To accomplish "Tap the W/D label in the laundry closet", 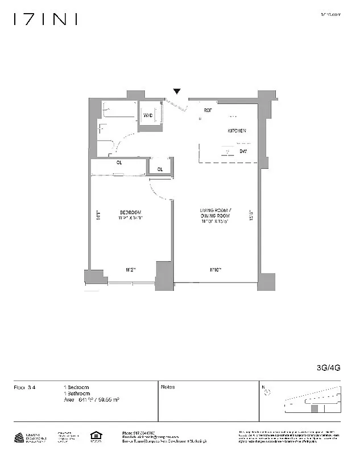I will click(x=148, y=116).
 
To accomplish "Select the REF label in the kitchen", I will click(x=208, y=110).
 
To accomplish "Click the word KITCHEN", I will click(x=237, y=131).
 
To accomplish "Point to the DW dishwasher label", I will click(x=243, y=151).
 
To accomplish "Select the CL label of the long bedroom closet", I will click(x=119, y=163).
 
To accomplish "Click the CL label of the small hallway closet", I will click(x=160, y=169).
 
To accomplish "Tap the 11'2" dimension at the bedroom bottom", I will click(x=130, y=270).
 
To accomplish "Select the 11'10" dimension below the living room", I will click(x=216, y=270).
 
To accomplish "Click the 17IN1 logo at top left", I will click(x=45, y=19).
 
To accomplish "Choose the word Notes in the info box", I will click(x=168, y=387).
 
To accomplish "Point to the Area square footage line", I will click(x=91, y=400).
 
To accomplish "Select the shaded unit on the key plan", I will click(x=313, y=408).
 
